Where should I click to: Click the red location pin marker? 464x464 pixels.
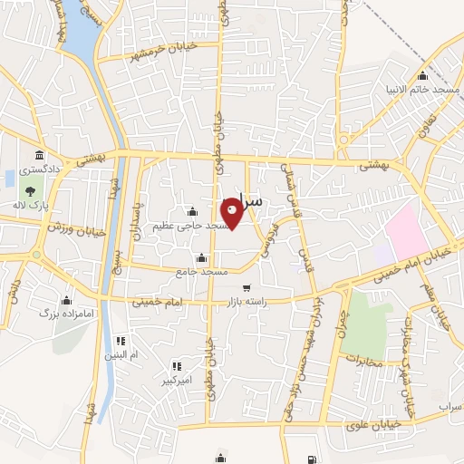pos(232,212)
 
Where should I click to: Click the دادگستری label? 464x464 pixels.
pos(41,169)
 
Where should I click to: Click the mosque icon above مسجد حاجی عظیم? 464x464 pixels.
pos(190,211)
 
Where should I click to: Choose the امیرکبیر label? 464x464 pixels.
pos(177,381)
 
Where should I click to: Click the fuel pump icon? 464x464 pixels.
pos(313,459)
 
